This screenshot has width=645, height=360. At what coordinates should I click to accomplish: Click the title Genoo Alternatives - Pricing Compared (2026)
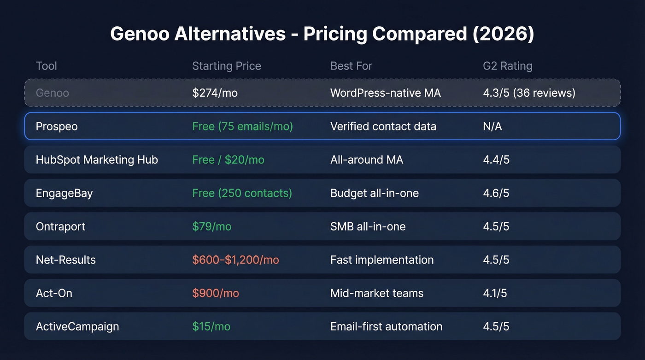click(322, 35)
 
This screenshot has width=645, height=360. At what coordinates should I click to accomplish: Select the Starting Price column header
click(226, 66)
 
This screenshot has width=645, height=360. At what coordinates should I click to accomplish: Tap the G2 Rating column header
click(507, 66)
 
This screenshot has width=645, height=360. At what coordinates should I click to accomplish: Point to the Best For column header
click(351, 66)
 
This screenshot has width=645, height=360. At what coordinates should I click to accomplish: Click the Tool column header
click(47, 66)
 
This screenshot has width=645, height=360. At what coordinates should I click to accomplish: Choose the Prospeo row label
click(57, 126)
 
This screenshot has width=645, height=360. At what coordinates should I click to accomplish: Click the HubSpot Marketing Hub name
click(97, 160)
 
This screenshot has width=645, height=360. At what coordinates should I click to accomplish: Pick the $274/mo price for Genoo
click(215, 93)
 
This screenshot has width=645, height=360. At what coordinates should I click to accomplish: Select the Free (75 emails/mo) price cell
click(242, 126)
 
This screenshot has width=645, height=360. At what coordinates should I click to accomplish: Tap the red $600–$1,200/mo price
click(235, 260)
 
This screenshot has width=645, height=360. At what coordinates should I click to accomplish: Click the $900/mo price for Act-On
click(215, 293)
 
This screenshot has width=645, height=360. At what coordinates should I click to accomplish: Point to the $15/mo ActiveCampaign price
click(211, 327)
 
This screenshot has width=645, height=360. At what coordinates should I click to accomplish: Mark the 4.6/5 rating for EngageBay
click(496, 193)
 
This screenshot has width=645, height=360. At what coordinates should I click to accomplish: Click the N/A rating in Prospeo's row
click(492, 126)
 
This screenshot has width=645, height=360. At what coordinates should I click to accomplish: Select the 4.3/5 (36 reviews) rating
click(529, 93)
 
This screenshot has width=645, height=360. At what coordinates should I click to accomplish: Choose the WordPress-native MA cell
click(385, 93)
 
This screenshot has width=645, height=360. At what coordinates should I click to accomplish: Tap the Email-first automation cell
click(386, 327)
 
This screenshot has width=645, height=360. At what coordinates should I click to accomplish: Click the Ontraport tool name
click(60, 227)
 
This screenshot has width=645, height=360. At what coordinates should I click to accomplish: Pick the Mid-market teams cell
click(376, 293)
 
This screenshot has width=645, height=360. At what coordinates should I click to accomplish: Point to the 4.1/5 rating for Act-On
click(495, 293)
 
